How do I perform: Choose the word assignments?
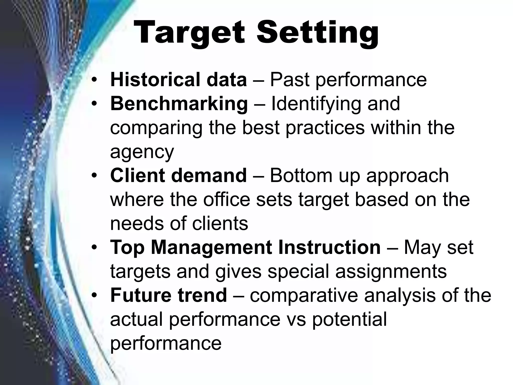pyautogui.click(x=391, y=271)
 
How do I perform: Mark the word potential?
pyautogui.click(x=349, y=319)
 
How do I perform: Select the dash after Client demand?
pyautogui.click(x=258, y=176)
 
